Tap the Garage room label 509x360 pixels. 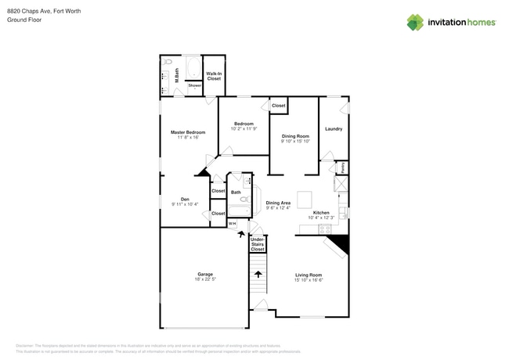(x=205, y=274)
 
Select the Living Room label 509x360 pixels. (x=309, y=274)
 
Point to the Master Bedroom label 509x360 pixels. (x=188, y=132)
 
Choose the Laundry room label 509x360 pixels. (x=333, y=128)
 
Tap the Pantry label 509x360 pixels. (x=342, y=167)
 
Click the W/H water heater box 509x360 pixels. (x=233, y=224)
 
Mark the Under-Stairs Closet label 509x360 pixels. (x=257, y=243)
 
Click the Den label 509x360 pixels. (x=185, y=200)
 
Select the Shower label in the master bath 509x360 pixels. (x=194, y=85)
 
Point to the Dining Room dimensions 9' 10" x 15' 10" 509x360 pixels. (x=295, y=142)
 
